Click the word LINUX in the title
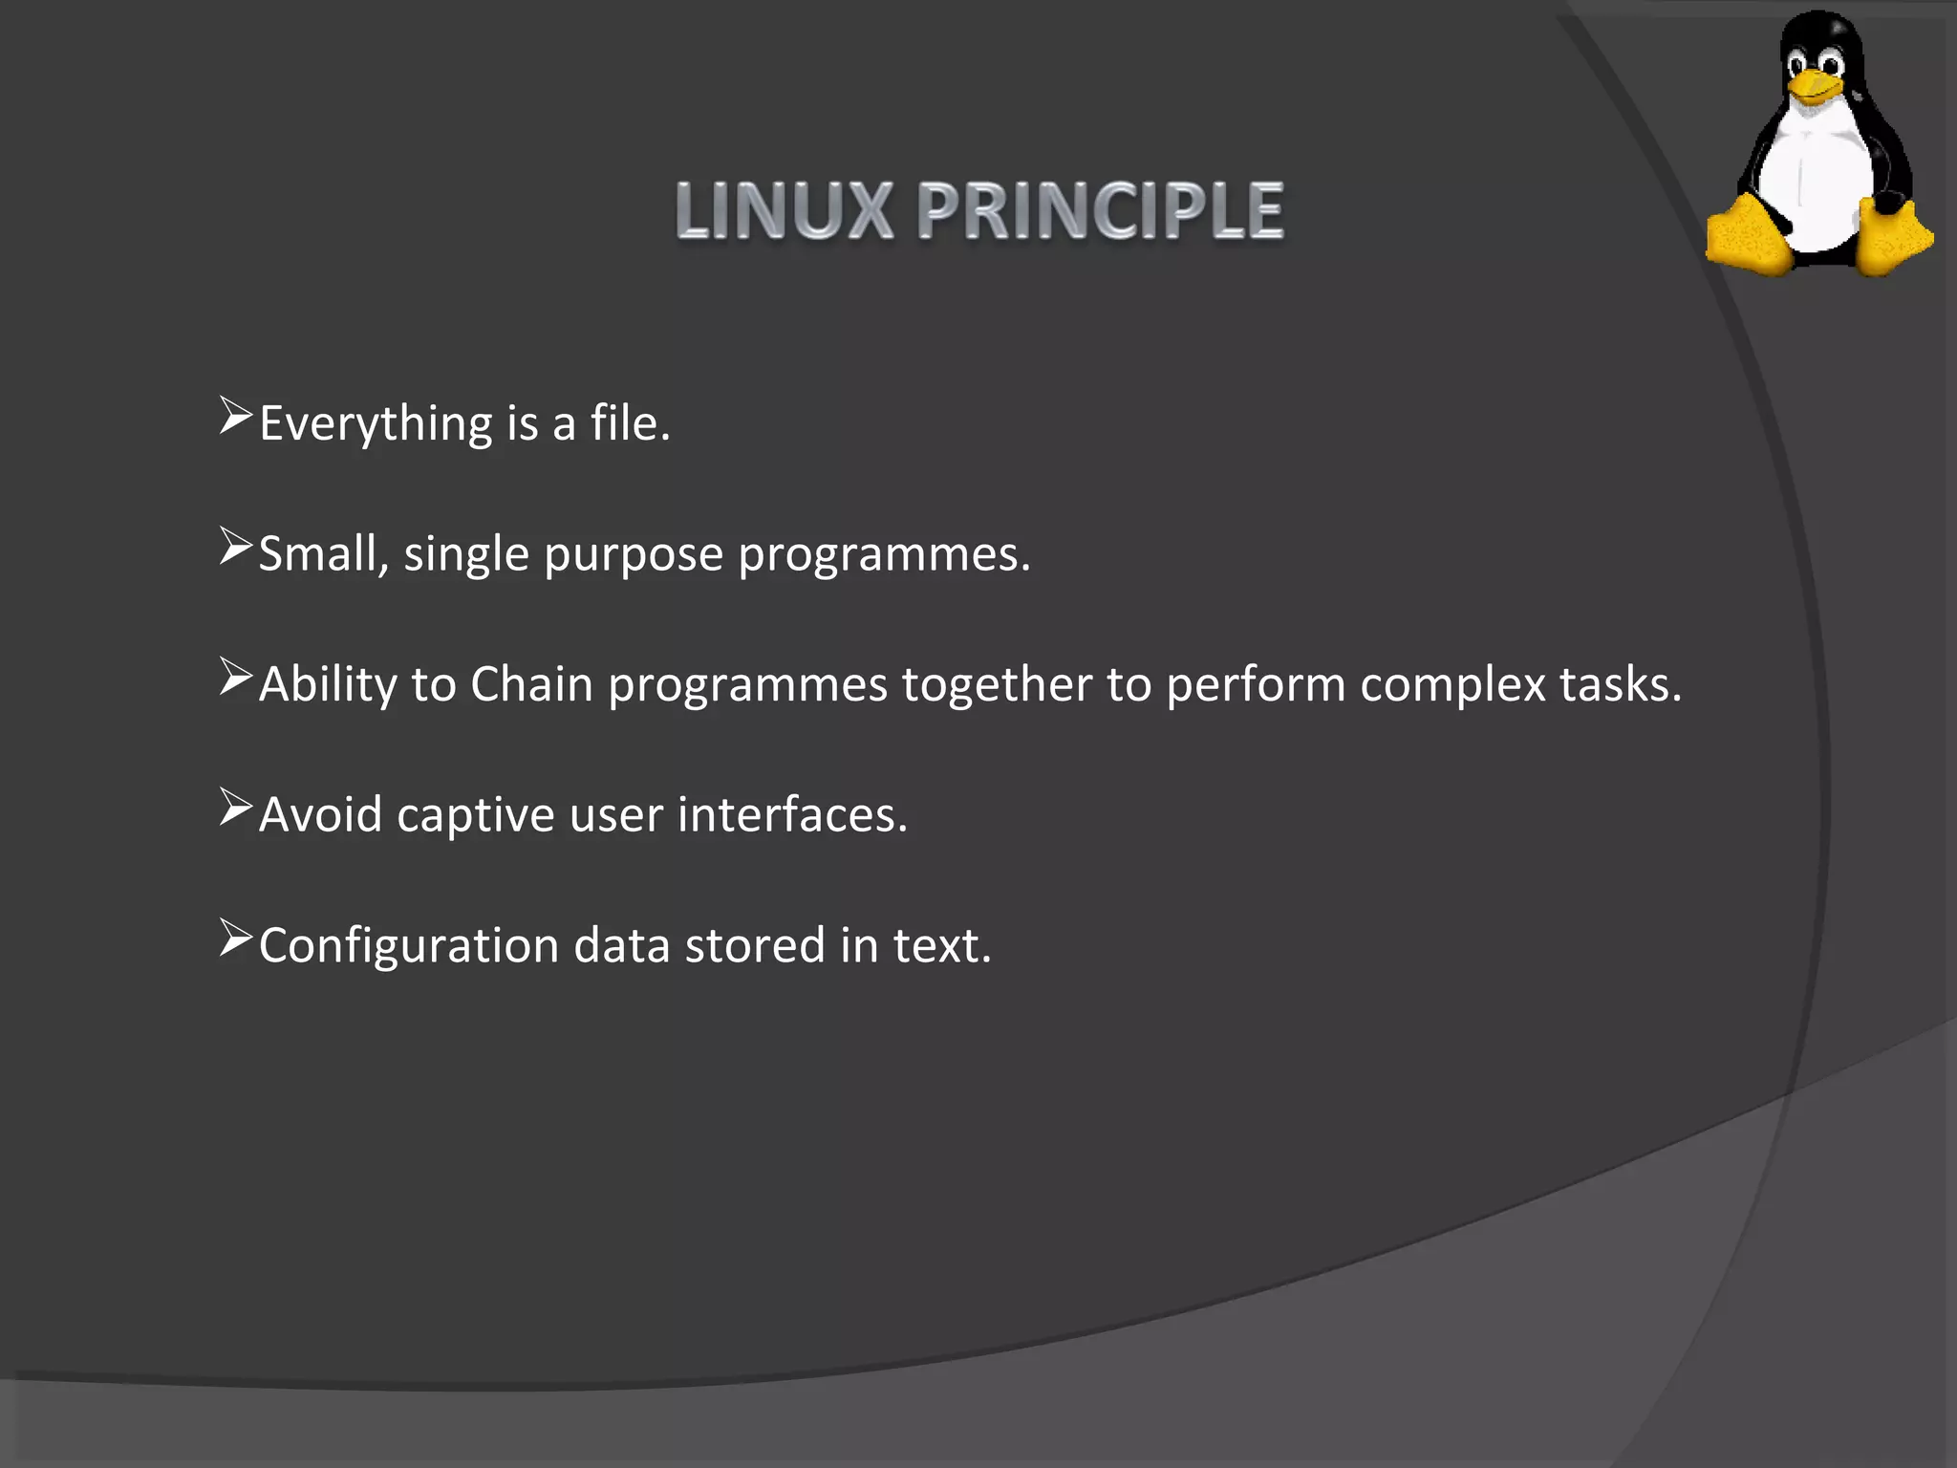tap(784, 211)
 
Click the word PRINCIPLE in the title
tap(1100, 211)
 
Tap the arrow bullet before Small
tap(235, 547)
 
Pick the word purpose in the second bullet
tap(634, 555)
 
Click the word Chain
tap(531, 685)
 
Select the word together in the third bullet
tap(997, 685)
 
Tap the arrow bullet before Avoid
tap(235, 808)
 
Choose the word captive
tap(475, 816)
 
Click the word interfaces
tap(791, 815)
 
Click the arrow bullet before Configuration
tap(235, 938)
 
